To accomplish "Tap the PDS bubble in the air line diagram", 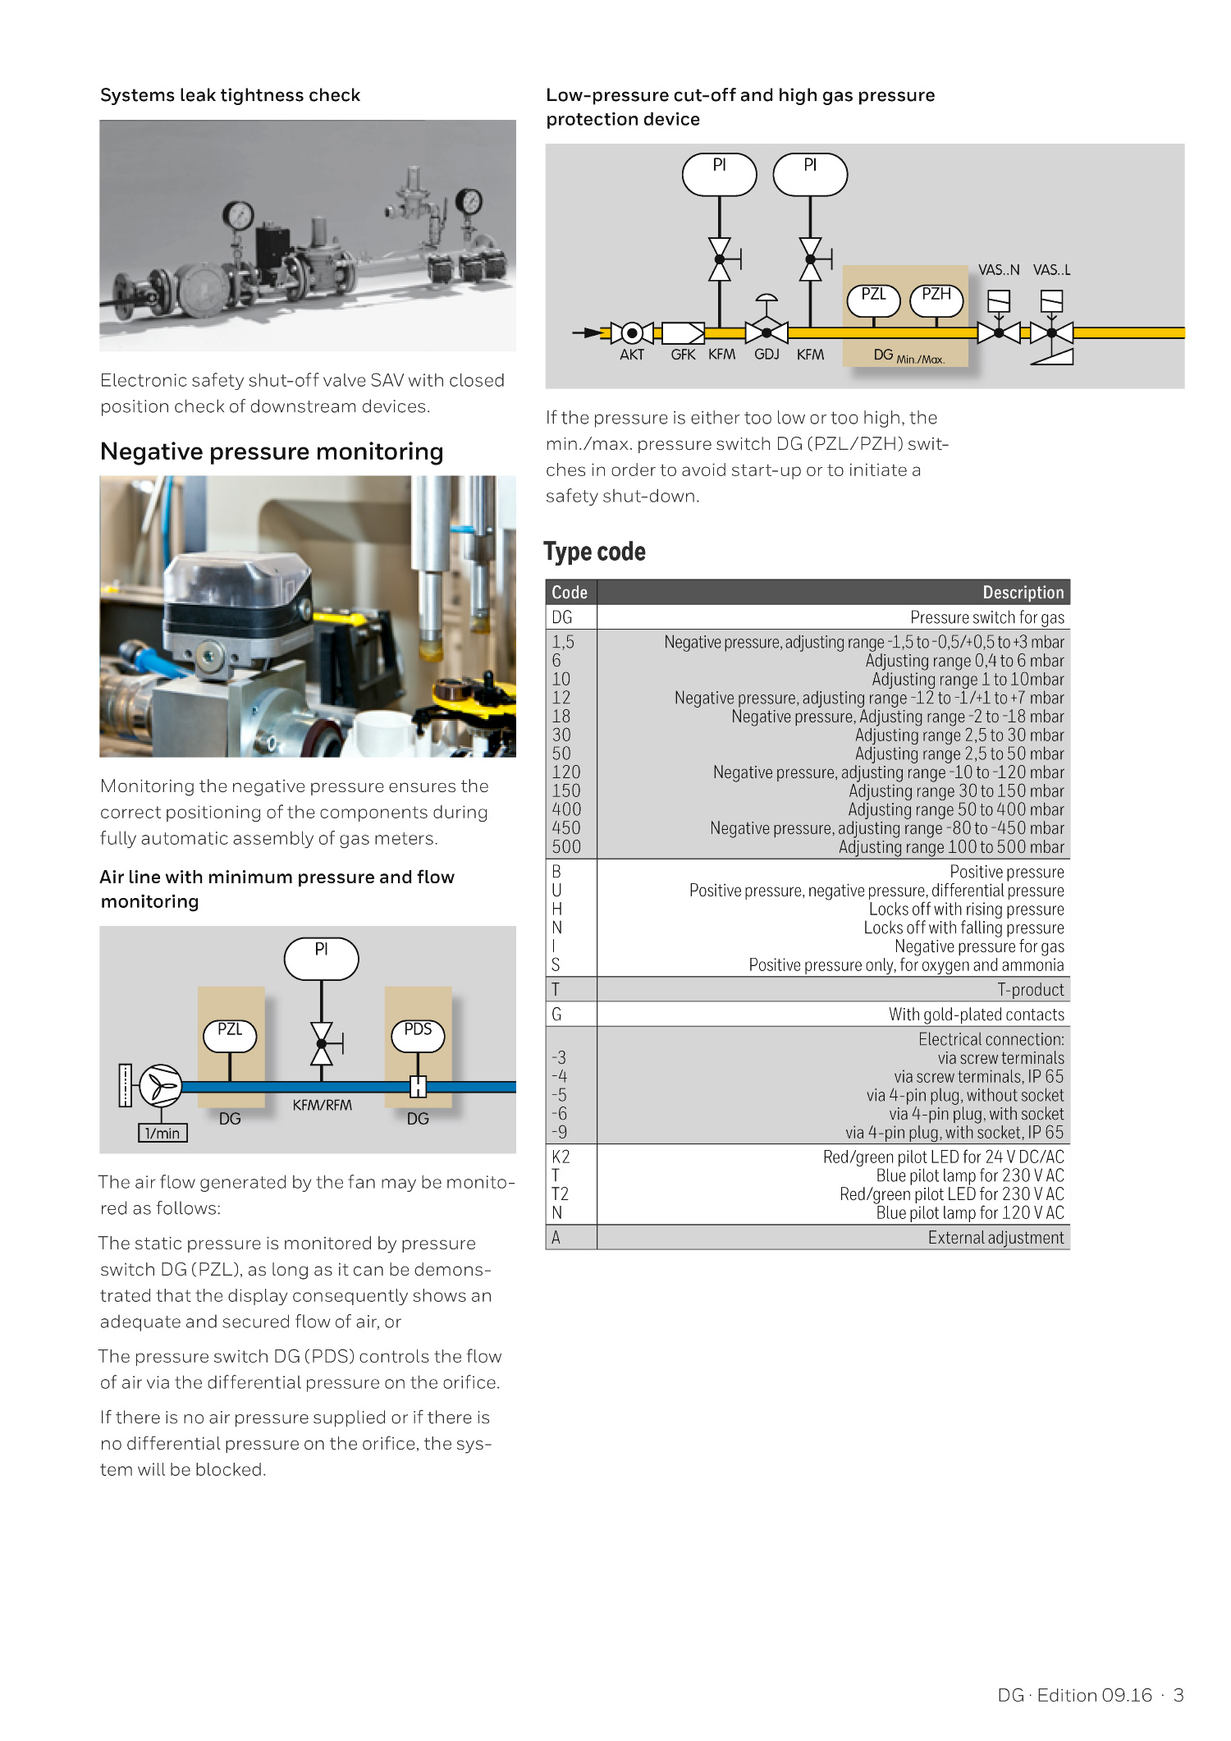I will click(418, 1035).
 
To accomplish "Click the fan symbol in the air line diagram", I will click(161, 1087).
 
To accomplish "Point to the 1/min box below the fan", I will click(162, 1134).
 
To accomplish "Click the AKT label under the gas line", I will click(632, 355).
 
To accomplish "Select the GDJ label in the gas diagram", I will click(767, 355).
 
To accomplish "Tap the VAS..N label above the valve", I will click(999, 270).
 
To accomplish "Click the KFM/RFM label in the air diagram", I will click(322, 1106).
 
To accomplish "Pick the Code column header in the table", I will click(570, 593).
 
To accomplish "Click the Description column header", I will click(1023, 593).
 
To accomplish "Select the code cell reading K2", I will click(561, 1157).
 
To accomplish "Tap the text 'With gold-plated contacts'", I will click(976, 1015).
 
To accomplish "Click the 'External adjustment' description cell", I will click(995, 1238).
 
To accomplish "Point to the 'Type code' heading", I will click(594, 552).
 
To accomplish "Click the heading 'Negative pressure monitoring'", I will click(272, 451).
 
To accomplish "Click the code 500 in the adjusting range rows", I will click(566, 847).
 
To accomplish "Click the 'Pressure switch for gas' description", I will click(986, 617).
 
